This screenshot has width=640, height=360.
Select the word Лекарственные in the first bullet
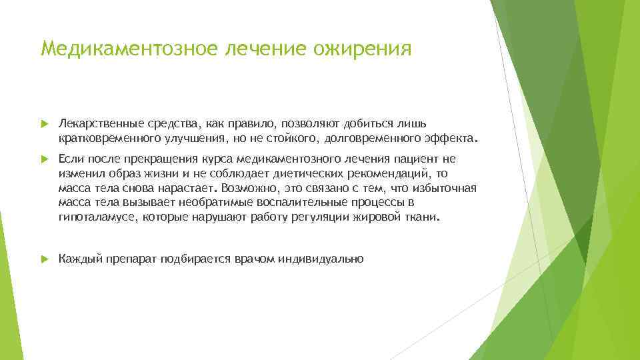(95, 124)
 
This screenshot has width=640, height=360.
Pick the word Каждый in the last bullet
(79, 259)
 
